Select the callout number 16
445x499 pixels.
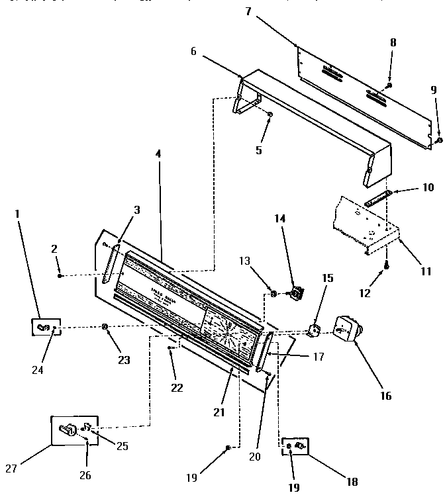pos(386,396)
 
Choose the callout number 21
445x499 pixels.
pos(219,412)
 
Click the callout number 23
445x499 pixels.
pos(124,361)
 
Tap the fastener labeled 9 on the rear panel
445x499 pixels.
pos(438,122)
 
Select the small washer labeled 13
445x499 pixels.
pos(272,292)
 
